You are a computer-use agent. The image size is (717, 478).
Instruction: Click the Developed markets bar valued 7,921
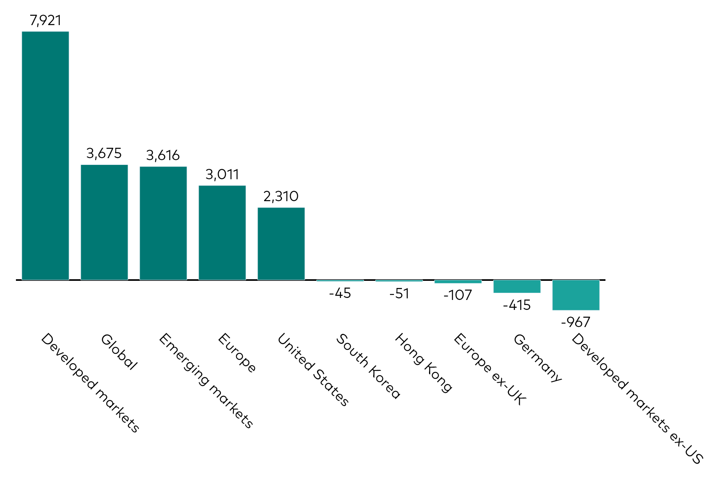(x=45, y=155)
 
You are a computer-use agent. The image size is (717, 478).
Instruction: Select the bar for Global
(x=104, y=222)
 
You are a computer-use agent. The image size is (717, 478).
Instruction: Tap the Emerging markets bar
(x=163, y=223)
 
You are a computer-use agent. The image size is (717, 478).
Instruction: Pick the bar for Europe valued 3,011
(x=222, y=233)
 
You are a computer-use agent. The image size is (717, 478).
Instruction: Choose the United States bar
(x=281, y=243)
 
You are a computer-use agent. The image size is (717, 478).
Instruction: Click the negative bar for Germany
(x=517, y=286)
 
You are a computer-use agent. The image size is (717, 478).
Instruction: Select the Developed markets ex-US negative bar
(x=576, y=295)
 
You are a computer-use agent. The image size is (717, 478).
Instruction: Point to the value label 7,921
(x=45, y=20)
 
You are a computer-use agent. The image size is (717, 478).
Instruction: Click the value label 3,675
(x=104, y=153)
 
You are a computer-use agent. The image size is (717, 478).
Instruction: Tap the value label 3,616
(x=163, y=155)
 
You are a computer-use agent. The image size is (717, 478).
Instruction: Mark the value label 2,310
(x=281, y=196)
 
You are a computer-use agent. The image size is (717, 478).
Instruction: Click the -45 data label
(x=340, y=294)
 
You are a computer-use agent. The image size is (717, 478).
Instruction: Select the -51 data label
(x=399, y=294)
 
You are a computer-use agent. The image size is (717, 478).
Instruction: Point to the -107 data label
(x=458, y=295)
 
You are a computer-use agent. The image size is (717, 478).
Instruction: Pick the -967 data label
(x=576, y=322)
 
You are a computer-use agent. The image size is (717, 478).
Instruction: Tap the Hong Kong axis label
(x=423, y=363)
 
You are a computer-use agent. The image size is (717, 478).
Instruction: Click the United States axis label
(x=313, y=370)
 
